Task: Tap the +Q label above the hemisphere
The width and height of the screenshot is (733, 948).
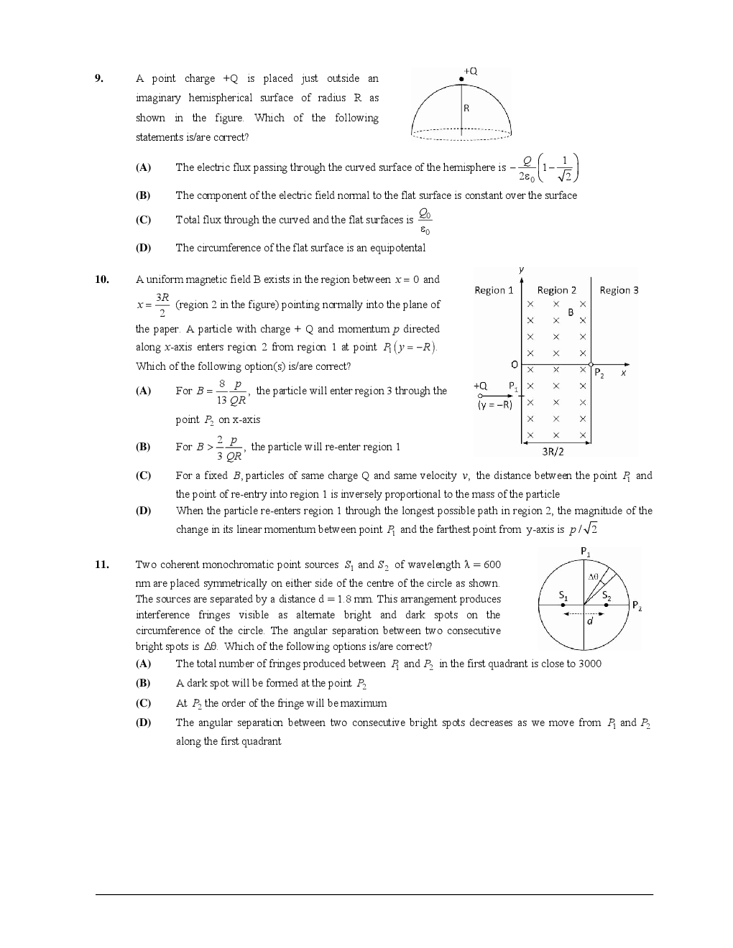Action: [471, 71]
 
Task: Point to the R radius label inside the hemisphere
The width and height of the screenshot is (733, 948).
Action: [466, 108]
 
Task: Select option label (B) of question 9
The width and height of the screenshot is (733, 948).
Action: [143, 195]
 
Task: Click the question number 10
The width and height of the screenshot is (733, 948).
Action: [101, 279]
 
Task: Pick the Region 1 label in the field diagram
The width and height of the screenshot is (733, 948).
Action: [494, 290]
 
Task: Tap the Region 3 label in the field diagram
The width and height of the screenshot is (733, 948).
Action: [619, 290]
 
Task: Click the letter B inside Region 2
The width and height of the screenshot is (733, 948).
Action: [571, 312]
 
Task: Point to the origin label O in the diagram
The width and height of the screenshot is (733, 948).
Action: [515, 365]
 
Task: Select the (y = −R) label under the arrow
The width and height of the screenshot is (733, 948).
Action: [494, 405]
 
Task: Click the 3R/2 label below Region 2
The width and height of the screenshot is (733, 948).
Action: [553, 452]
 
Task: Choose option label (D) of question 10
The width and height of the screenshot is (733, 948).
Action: [143, 511]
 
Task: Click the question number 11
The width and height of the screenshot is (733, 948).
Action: [101, 564]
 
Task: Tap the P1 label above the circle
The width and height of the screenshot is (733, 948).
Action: [586, 552]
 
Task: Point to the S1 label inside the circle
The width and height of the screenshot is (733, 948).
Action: [563, 596]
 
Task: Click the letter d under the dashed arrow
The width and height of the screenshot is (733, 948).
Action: [589, 621]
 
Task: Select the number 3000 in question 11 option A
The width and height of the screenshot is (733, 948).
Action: [589, 664]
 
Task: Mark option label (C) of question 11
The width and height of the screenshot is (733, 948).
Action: [143, 703]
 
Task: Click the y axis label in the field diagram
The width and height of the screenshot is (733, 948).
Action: [521, 269]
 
